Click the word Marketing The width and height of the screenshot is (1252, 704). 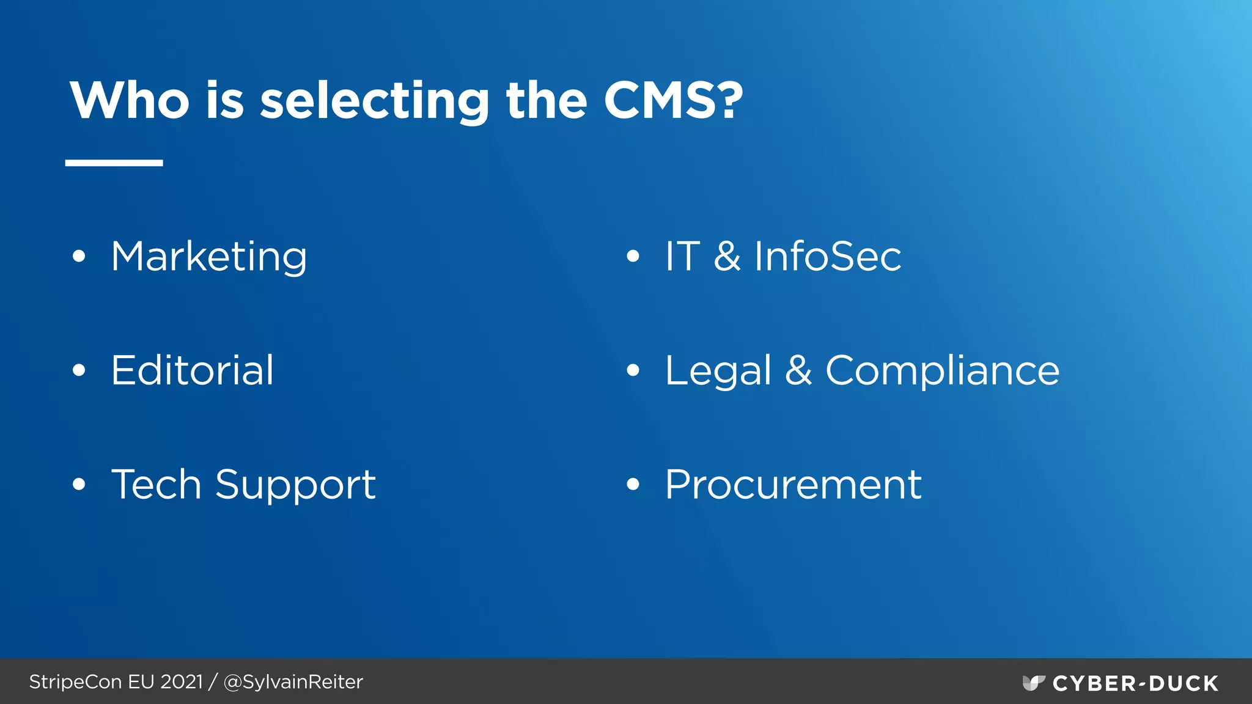coord(208,257)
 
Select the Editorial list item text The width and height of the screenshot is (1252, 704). coord(192,370)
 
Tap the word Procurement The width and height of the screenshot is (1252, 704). coord(793,485)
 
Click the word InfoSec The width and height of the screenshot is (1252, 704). coord(827,256)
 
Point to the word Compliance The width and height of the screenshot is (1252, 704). coord(942,370)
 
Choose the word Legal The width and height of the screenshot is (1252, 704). coord(718,372)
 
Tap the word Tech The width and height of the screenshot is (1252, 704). coord(156,485)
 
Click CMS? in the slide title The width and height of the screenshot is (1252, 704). coord(673,100)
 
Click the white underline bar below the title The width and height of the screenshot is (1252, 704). coord(114,163)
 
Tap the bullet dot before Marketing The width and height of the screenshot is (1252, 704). coord(79,257)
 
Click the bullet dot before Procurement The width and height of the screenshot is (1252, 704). coord(633,485)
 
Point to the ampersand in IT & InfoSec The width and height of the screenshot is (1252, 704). coord(727,256)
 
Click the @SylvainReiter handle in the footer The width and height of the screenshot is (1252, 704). coord(293,682)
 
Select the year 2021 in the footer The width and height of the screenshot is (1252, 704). coord(181,682)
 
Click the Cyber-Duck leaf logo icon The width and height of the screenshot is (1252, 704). coord(1033,683)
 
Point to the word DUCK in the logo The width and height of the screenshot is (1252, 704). coord(1184,683)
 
